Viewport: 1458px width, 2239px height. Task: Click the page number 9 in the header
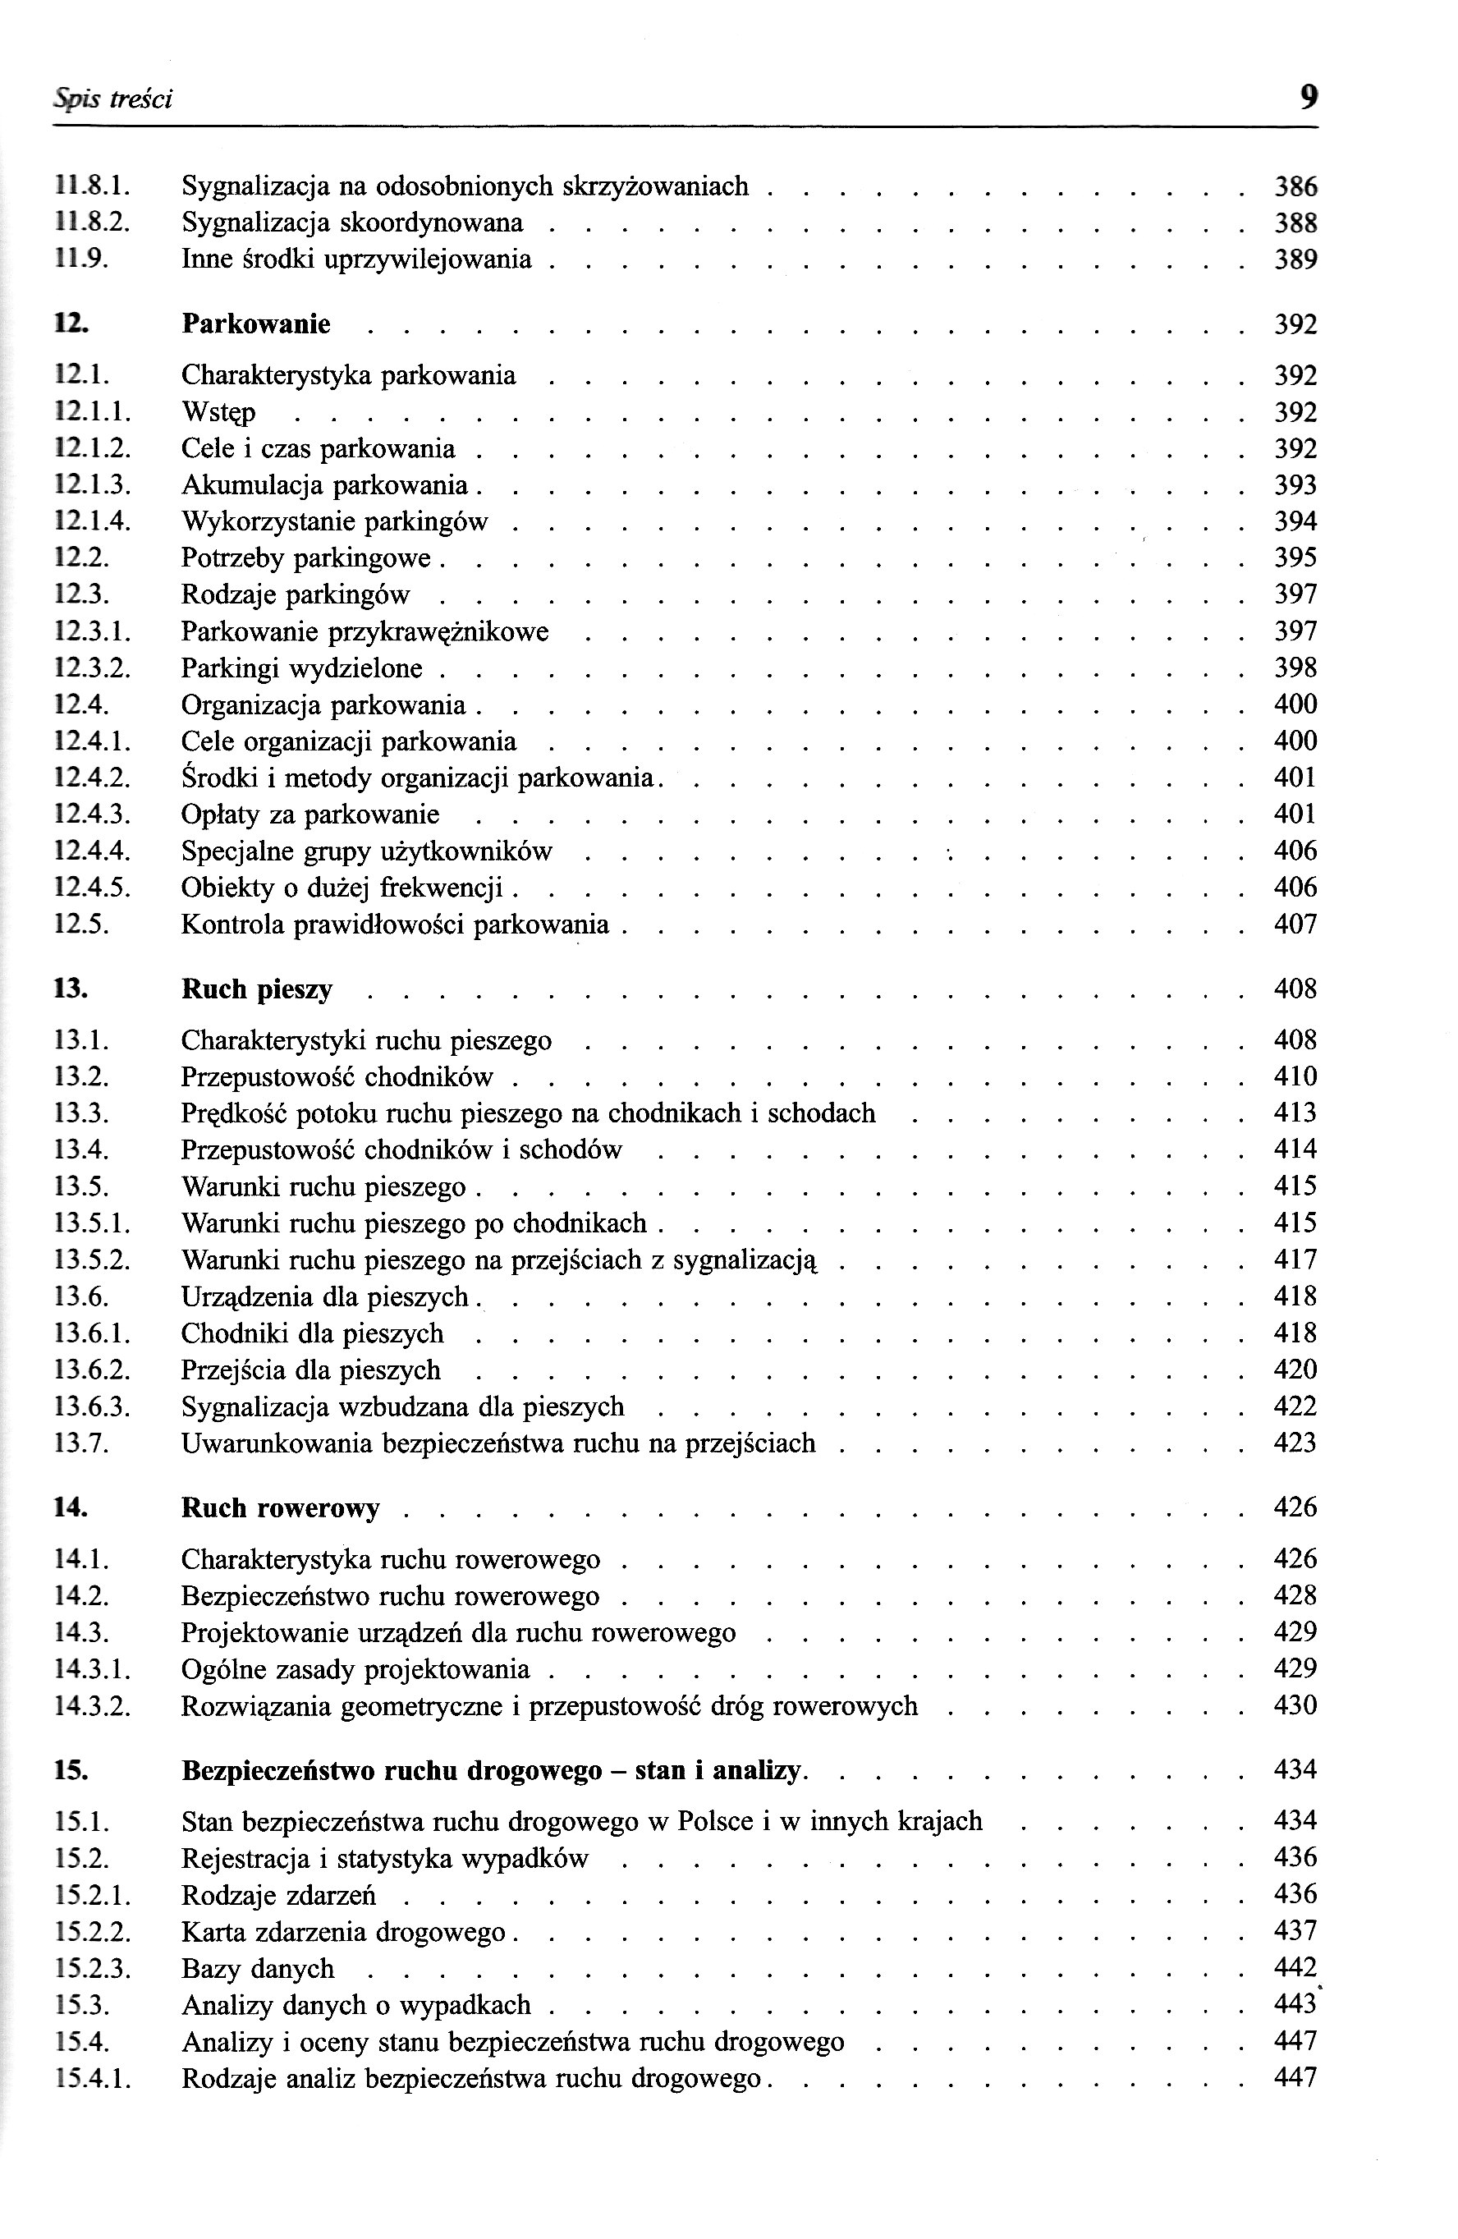1308,97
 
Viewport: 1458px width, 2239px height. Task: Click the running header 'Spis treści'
112,99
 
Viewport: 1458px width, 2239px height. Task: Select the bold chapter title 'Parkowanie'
256,324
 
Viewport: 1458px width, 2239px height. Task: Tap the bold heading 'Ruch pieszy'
257,989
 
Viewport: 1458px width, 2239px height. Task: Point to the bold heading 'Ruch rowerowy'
280,1508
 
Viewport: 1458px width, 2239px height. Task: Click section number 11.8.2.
91,223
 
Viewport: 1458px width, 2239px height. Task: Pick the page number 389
1295,259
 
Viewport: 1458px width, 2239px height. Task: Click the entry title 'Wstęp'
218,413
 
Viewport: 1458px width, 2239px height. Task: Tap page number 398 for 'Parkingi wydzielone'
1295,668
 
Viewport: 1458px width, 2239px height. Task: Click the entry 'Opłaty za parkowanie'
310,814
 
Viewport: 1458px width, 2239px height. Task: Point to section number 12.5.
82,925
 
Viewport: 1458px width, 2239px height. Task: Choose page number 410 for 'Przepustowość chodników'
1295,1076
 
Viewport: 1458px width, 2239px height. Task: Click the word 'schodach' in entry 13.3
821,1113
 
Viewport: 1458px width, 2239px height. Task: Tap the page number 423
1295,1443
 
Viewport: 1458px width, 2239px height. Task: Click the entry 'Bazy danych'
258,1969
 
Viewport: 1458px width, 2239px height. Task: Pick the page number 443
1295,2005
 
